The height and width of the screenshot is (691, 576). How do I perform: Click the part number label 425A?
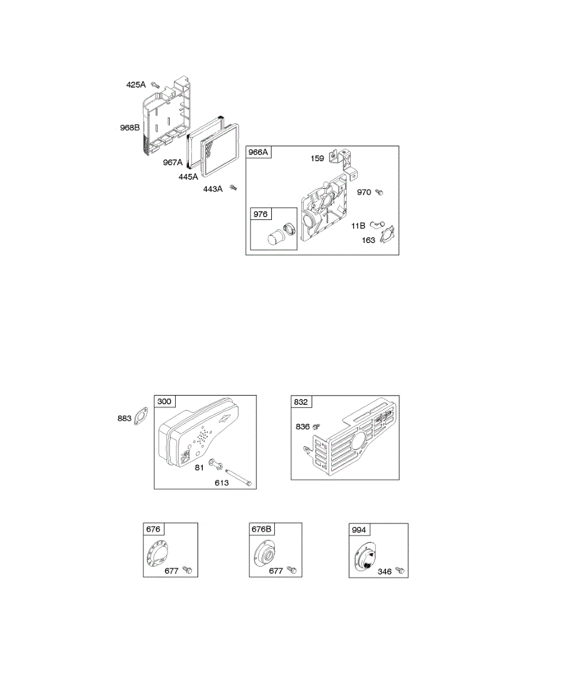coord(136,85)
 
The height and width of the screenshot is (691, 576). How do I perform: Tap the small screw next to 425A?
coord(154,85)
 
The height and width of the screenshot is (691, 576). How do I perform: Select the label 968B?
coord(130,128)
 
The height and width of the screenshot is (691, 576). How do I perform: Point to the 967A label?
coord(172,162)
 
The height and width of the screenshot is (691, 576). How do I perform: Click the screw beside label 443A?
coord(233,187)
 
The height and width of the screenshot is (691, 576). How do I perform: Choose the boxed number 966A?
coord(259,153)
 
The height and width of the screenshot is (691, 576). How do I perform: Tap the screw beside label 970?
coord(379,193)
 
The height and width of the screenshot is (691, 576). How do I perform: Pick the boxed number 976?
coord(260,214)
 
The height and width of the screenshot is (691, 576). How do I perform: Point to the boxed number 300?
coord(165,401)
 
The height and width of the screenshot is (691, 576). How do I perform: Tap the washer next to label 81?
coord(214,463)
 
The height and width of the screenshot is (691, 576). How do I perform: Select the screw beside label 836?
coord(316,427)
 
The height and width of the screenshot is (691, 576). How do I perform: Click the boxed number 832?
coord(301,402)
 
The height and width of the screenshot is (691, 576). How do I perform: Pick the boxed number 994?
coord(359,529)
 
